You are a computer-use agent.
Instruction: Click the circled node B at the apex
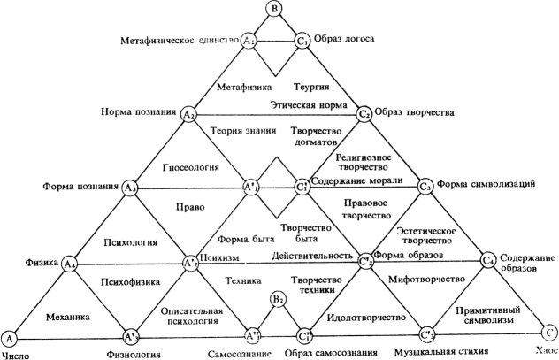[x=274, y=11]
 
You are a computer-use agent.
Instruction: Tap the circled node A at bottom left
[x=10, y=338]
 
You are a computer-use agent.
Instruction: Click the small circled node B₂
[x=277, y=301]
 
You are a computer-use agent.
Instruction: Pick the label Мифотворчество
[x=425, y=280]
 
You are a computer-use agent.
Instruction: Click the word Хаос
[x=545, y=354]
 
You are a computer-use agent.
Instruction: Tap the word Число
[x=18, y=354]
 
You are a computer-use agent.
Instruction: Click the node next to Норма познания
[x=188, y=115]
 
